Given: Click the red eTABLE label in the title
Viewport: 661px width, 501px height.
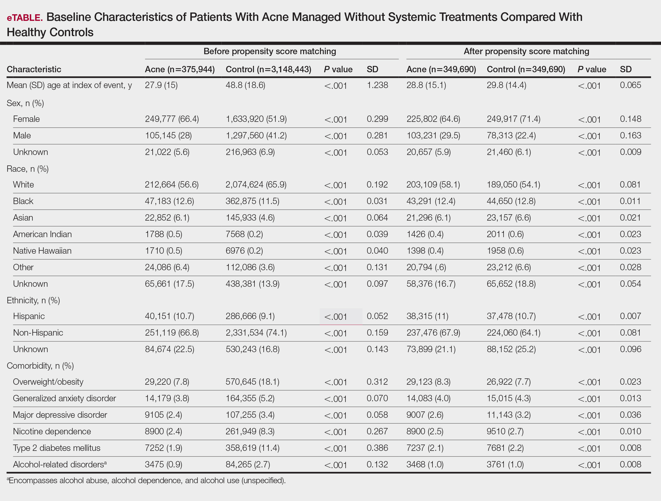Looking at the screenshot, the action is (24, 18).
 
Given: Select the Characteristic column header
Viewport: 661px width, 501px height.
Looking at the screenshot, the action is (34, 69).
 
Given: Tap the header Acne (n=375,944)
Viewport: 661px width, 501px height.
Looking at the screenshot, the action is (180, 69).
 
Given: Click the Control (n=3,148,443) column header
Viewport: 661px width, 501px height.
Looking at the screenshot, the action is (268, 69).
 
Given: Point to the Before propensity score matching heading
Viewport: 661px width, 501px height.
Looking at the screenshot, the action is (270, 51).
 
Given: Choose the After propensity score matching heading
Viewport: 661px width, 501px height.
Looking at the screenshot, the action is (527, 51).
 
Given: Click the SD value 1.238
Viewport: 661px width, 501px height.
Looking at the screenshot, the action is (377, 85).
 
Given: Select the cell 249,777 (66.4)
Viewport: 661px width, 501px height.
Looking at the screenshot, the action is (172, 119).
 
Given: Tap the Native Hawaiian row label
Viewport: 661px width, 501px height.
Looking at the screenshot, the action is (42, 251).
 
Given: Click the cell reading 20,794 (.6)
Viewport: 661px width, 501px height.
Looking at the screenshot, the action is (426, 267).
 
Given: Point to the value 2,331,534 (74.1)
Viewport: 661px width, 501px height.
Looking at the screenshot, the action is (256, 333).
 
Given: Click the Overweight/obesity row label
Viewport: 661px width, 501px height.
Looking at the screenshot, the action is (48, 382).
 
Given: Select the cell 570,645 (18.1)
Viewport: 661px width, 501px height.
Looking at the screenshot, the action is (252, 382).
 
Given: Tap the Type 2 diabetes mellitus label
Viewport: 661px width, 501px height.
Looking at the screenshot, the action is (57, 448).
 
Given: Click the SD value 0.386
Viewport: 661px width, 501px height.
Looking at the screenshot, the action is (377, 448).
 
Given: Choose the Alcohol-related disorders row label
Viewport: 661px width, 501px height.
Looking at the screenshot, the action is (60, 464).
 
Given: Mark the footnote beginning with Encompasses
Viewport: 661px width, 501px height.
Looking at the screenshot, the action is (146, 480).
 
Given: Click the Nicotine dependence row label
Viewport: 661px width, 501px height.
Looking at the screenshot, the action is (52, 432).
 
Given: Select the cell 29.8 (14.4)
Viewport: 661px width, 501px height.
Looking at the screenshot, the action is (506, 85).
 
